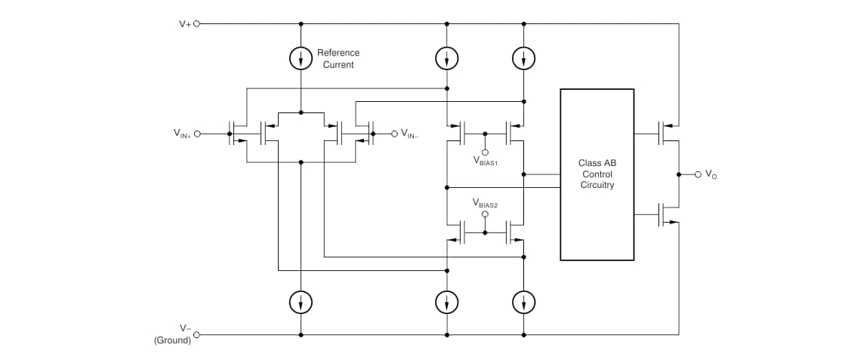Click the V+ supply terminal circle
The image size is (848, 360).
(x=198, y=23)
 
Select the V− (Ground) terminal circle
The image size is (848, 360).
(x=198, y=334)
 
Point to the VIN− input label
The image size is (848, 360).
(x=409, y=134)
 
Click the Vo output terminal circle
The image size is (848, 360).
(x=698, y=174)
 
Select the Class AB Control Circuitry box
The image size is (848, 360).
(x=597, y=174)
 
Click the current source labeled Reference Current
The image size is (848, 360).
(x=301, y=58)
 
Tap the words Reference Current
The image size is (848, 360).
(x=338, y=59)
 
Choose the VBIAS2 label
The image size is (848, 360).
(x=485, y=202)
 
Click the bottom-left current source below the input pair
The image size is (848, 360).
(x=301, y=303)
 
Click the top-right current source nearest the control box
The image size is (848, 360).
(x=523, y=58)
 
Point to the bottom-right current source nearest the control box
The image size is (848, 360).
(x=523, y=303)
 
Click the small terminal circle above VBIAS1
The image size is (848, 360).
(x=485, y=150)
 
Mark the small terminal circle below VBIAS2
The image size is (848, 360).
(x=485, y=214)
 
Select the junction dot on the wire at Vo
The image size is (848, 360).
(x=679, y=174)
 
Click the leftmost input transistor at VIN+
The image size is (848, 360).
(x=236, y=134)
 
